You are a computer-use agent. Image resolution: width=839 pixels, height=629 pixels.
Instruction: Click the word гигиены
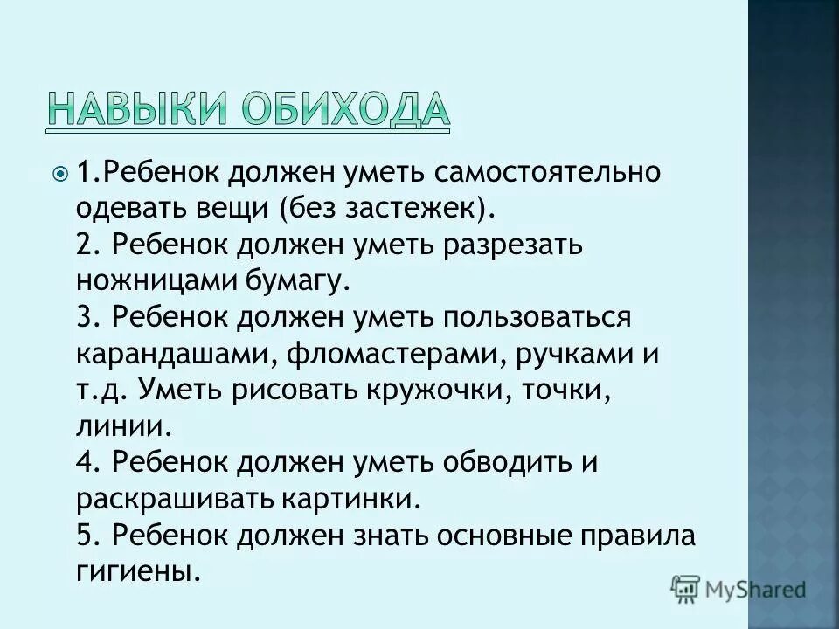pos(138,571)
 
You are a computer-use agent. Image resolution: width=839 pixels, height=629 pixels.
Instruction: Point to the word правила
pos(640,535)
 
